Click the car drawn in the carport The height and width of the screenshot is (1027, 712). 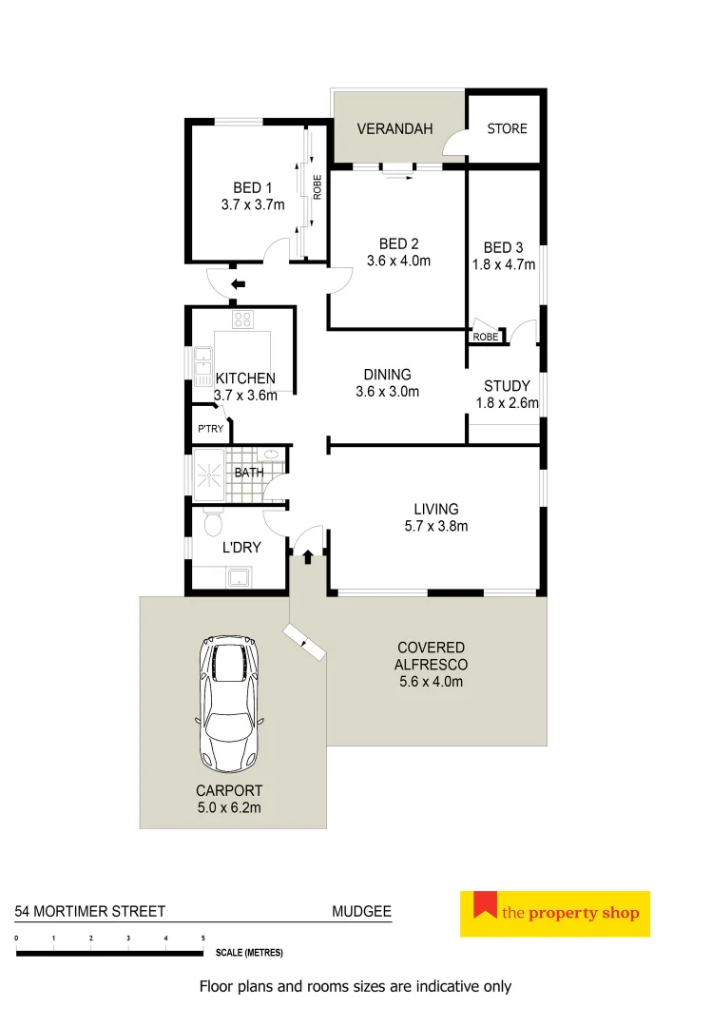tap(229, 703)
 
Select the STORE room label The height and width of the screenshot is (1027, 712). tap(507, 128)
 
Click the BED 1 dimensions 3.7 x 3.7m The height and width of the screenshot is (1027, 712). tap(252, 204)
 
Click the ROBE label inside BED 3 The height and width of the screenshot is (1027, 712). tap(485, 337)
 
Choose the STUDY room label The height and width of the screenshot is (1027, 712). tap(507, 386)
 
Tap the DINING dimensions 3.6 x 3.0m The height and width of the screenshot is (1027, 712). tap(387, 391)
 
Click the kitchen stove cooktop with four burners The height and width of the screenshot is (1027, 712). tap(242, 320)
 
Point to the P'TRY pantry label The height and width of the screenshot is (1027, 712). tap(210, 429)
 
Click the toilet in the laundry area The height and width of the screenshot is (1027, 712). tap(213, 523)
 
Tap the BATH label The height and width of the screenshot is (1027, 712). tap(249, 472)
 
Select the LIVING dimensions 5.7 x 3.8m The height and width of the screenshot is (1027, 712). tap(435, 526)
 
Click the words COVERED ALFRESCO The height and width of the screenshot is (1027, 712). tap(432, 656)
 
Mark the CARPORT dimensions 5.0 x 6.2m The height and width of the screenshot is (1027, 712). tap(228, 807)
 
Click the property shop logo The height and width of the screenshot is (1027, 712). tap(554, 914)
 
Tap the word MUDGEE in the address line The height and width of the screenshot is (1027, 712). tap(361, 911)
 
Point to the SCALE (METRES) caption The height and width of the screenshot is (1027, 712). tap(249, 952)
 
